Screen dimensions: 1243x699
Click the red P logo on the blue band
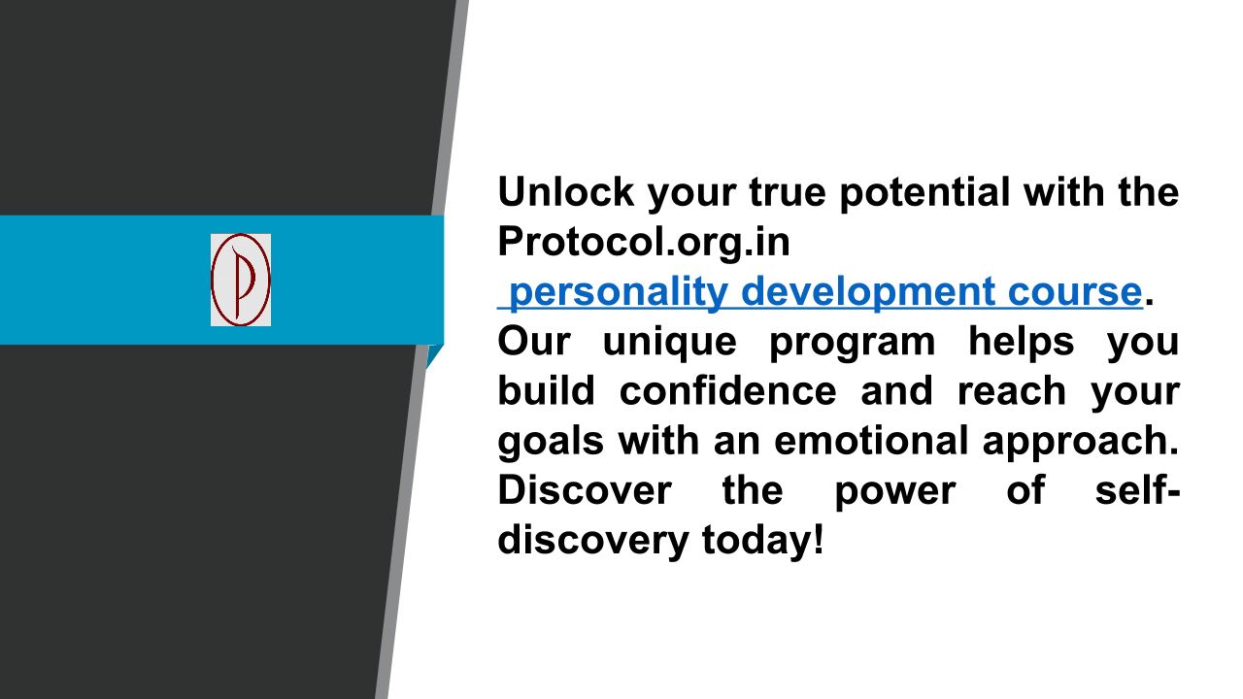click(x=241, y=280)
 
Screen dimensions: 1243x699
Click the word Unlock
click(x=566, y=192)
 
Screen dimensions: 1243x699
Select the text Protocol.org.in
click(x=644, y=242)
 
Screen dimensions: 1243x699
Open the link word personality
click(x=619, y=293)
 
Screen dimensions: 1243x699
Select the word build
click(x=546, y=390)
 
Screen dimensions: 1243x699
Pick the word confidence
click(x=728, y=390)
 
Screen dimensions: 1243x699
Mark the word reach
click(x=1012, y=390)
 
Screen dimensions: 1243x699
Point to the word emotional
click(x=871, y=441)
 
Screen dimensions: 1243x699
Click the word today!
click(x=763, y=541)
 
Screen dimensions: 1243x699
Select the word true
click(x=788, y=193)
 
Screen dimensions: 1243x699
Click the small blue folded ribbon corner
click(x=433, y=355)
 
